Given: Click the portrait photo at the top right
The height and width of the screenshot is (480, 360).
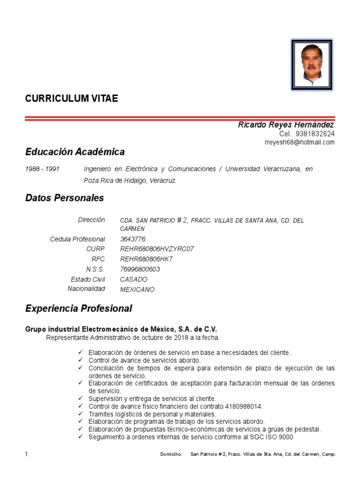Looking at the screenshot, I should tap(312, 65).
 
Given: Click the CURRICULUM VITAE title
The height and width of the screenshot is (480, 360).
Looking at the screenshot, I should tap(72, 98).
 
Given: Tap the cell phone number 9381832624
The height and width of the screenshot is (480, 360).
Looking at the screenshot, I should tap(315, 134).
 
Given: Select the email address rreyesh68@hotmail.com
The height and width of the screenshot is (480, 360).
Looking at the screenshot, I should tap(300, 142).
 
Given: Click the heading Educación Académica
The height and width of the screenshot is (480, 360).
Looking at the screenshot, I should tap(75, 152).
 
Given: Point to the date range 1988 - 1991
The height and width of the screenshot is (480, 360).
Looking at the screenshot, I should tap(42, 169).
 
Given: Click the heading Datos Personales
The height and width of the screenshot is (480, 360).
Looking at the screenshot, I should tap(64, 198).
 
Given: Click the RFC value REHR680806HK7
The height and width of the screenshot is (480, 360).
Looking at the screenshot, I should tap(147, 259).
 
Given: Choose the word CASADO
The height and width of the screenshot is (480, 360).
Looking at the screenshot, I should tap(134, 279).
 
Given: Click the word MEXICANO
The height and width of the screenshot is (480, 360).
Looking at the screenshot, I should tap(137, 290).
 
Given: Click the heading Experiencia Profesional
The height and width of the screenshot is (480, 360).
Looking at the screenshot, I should tap(79, 308).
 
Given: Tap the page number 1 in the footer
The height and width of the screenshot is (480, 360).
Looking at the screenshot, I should tap(27, 454).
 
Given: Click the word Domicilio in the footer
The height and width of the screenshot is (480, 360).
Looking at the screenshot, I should tap(171, 455).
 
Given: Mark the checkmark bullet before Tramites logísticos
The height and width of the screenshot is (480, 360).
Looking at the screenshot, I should tap(81, 414).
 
